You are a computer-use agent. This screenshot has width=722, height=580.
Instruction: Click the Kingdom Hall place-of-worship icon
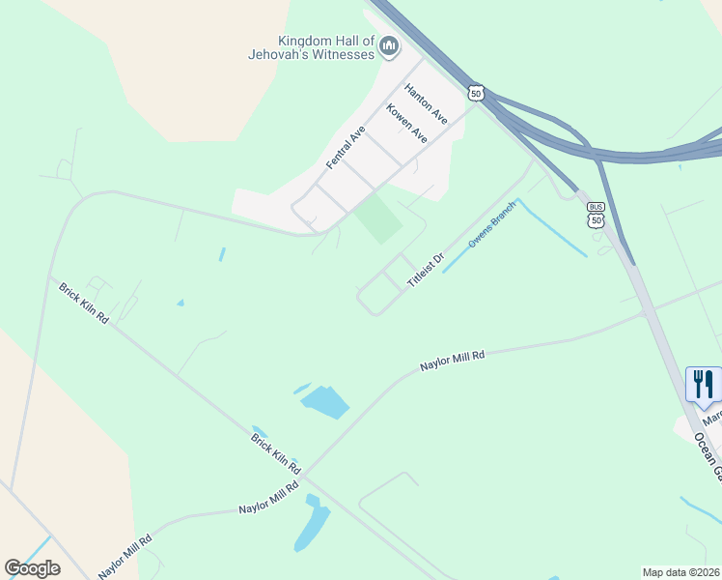[x=390, y=45]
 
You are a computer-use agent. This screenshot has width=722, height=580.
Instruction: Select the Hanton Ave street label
[x=426, y=103]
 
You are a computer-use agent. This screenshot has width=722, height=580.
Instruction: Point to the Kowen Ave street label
[x=406, y=124]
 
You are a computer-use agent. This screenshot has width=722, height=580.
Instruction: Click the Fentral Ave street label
[x=346, y=148]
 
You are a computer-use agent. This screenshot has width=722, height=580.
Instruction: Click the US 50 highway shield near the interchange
[x=475, y=92]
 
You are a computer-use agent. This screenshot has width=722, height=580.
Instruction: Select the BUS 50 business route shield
[x=596, y=215]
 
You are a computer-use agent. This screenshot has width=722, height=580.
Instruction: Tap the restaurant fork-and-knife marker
[x=703, y=384]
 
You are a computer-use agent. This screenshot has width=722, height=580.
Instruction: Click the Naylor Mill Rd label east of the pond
[x=452, y=361]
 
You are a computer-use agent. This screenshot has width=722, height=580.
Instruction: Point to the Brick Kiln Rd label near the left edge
[x=83, y=304]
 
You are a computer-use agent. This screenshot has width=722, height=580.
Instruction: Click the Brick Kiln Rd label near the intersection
[x=276, y=454]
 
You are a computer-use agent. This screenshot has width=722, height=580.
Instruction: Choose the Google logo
[x=32, y=567]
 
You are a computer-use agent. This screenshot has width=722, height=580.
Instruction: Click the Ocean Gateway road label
[x=708, y=454]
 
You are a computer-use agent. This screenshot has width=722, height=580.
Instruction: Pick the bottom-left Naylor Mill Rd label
[x=125, y=556]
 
